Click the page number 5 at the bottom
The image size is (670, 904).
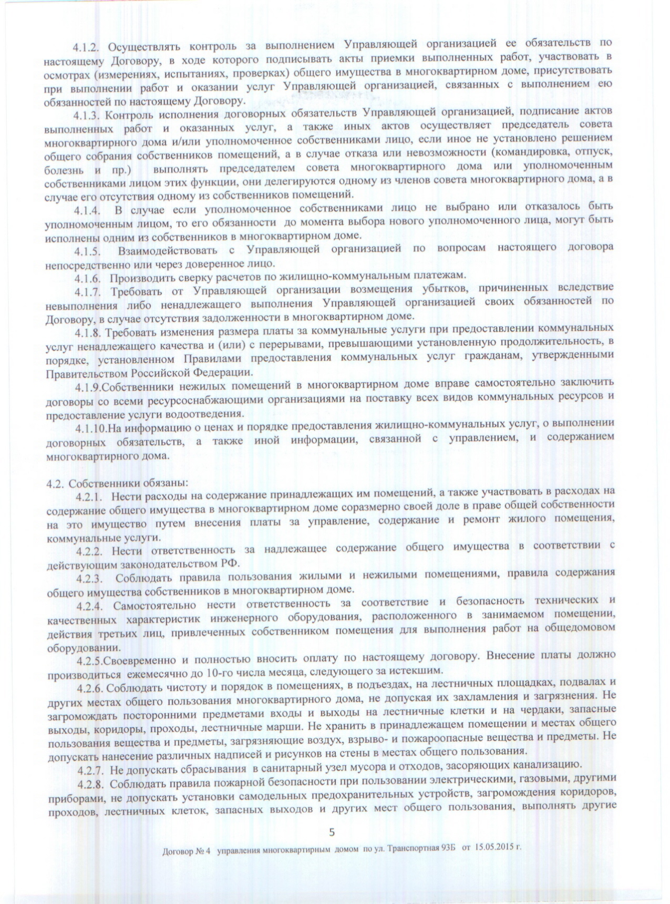(332, 832)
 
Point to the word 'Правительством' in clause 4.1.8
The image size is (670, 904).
(84, 373)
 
